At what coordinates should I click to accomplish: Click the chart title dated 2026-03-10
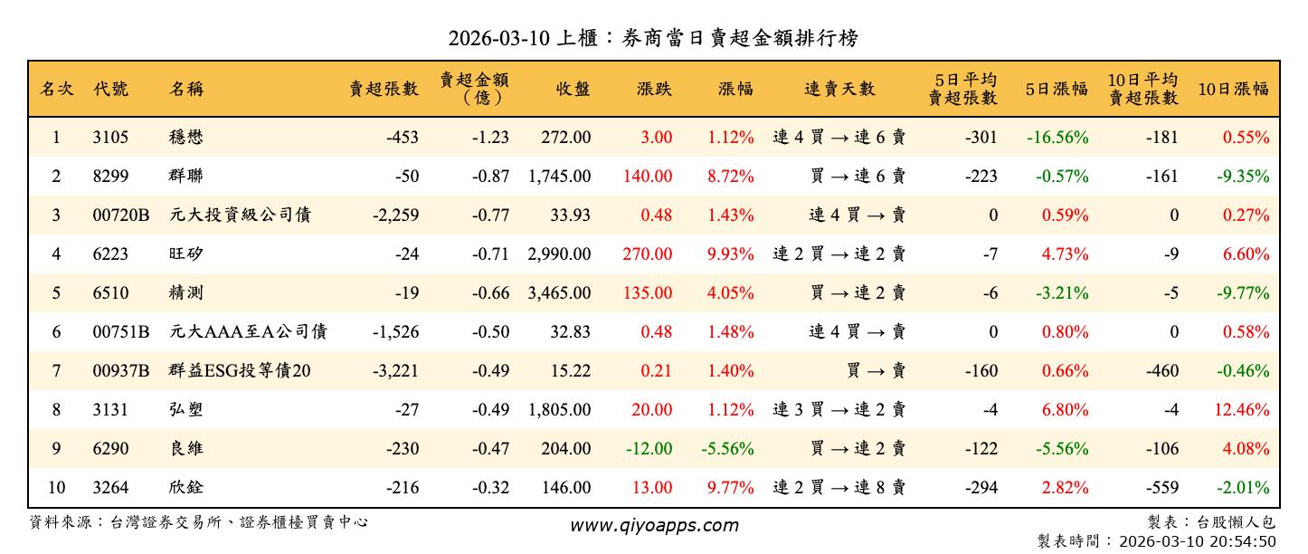click(x=653, y=38)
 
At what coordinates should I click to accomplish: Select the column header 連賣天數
click(x=839, y=89)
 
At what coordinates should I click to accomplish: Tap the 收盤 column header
click(x=573, y=89)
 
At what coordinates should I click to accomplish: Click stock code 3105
click(x=110, y=138)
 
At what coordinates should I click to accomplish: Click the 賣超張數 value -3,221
click(x=395, y=371)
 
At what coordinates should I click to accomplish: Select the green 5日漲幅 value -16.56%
click(x=1057, y=138)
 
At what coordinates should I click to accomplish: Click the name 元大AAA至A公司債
click(x=248, y=332)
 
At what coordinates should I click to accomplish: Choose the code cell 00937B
click(x=120, y=371)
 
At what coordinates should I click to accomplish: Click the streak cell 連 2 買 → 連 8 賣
click(x=839, y=488)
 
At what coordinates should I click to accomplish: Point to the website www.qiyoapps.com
click(x=653, y=525)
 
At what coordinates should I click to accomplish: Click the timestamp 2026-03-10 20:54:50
click(x=1197, y=541)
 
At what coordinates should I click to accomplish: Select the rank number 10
click(x=56, y=488)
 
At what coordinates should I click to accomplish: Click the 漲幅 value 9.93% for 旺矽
click(x=731, y=254)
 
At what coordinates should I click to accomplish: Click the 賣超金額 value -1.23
click(x=490, y=138)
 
